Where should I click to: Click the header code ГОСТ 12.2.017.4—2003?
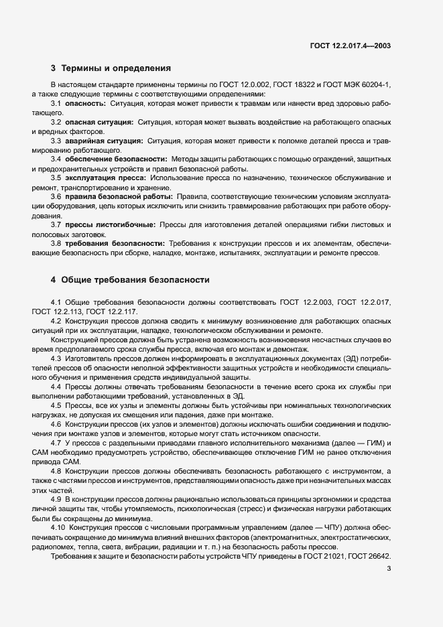click(350, 46)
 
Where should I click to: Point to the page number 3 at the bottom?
click(390, 569)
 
